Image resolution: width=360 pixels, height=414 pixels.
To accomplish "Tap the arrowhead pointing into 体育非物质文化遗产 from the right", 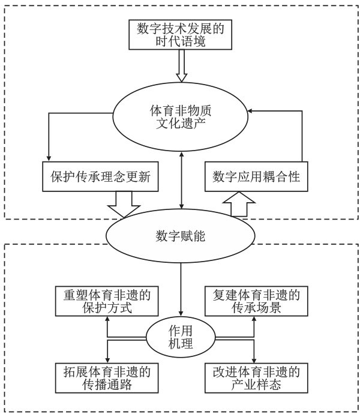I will click(252, 110).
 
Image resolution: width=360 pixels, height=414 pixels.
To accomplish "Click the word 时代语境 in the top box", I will click(180, 43).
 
